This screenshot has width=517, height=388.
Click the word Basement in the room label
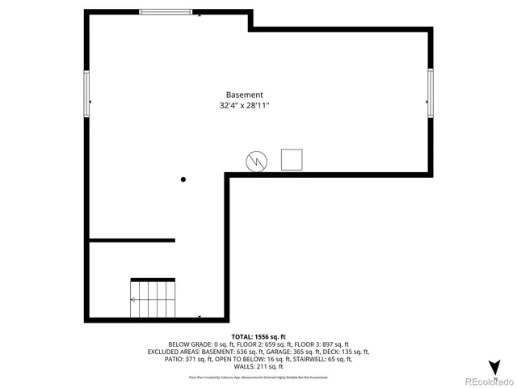tap(244, 95)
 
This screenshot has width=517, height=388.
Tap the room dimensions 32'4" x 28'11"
tap(244, 106)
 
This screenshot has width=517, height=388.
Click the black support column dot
tap(183, 179)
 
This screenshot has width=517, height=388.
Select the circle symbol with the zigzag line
tap(257, 161)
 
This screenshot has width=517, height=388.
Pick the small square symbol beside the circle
tap(291, 159)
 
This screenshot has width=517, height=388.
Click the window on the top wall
tap(166, 11)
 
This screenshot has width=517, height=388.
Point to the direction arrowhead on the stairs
tap(132, 300)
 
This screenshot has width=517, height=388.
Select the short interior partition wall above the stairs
tap(132, 240)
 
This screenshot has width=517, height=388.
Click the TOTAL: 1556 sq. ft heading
tap(258, 336)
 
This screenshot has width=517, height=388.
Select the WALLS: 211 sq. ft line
tap(258, 367)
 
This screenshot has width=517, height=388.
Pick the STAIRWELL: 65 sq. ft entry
tap(330, 360)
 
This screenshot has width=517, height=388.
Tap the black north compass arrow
tap(494, 366)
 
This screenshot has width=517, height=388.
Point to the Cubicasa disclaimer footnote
tap(258, 377)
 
